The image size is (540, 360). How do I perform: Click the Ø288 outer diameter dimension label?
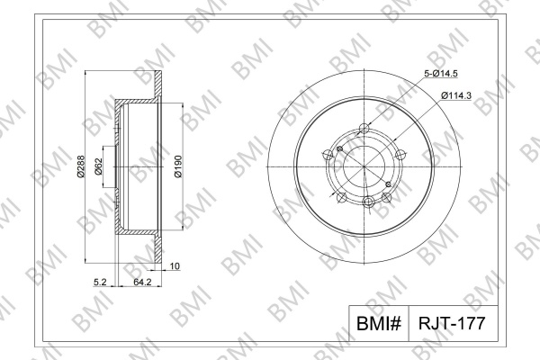81,166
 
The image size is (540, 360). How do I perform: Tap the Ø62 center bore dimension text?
98,166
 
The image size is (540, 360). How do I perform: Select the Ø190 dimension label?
178,166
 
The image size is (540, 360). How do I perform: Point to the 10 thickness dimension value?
175,266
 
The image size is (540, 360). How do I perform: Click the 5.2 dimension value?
100,282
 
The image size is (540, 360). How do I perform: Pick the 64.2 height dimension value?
142,282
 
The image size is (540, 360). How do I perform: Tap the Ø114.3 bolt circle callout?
456,95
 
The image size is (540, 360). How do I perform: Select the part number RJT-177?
452,323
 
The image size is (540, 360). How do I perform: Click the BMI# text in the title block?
379,323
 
